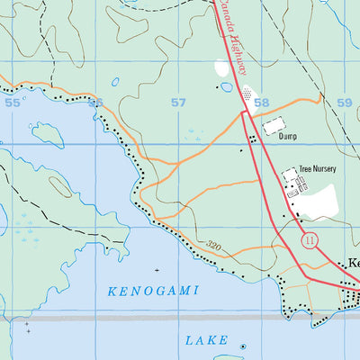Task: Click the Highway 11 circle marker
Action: click(x=310, y=239)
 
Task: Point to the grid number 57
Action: click(x=178, y=103)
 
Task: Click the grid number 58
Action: click(x=262, y=103)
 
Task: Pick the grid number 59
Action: click(x=344, y=103)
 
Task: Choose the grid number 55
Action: click(x=12, y=103)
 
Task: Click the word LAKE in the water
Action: click(x=208, y=340)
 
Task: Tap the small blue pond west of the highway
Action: click(x=226, y=87)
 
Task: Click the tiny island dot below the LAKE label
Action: click(x=243, y=346)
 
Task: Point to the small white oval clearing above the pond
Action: click(x=222, y=68)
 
